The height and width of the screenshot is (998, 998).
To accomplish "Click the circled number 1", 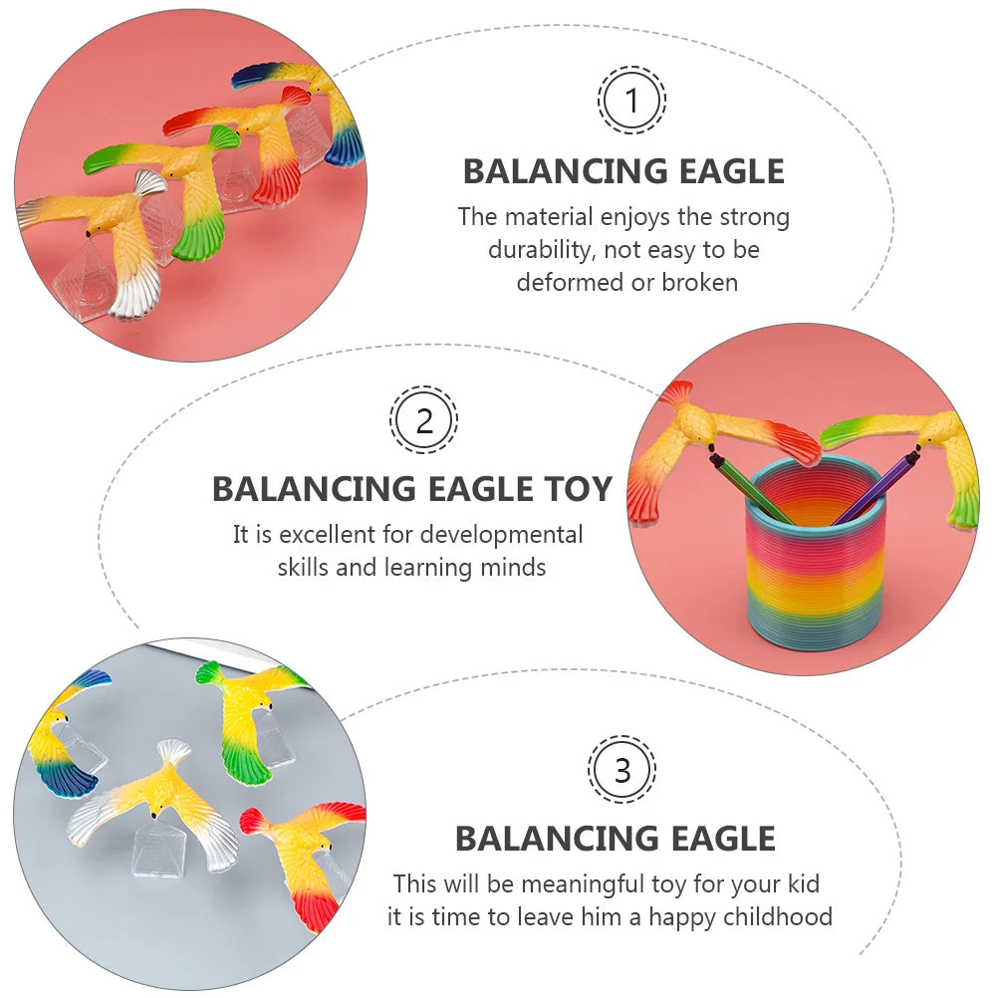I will (x=631, y=100).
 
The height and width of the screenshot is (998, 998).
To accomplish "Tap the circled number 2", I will (x=424, y=420).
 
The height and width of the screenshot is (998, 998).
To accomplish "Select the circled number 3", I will (x=623, y=770).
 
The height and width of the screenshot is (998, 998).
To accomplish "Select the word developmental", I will (x=501, y=534).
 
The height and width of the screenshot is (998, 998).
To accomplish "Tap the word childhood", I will (x=771, y=916).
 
